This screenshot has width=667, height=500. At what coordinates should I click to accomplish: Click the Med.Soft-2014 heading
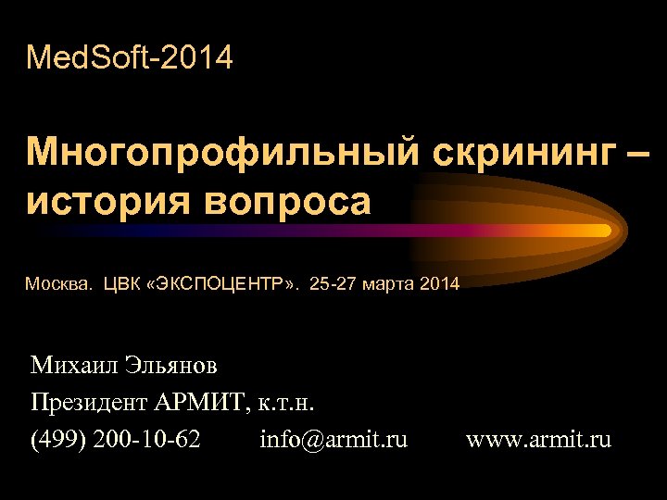click(130, 59)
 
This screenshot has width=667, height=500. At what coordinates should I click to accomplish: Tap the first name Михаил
click(73, 366)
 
